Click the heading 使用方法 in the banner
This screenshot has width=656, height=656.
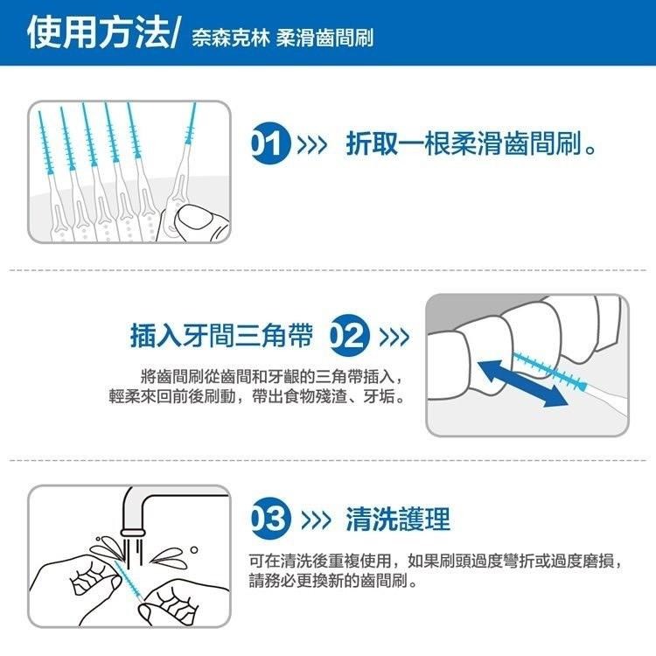pyautogui.click(x=97, y=32)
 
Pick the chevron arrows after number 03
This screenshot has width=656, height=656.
pyautogui.click(x=313, y=519)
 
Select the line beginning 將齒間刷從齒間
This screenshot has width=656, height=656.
pyautogui.click(x=271, y=377)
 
